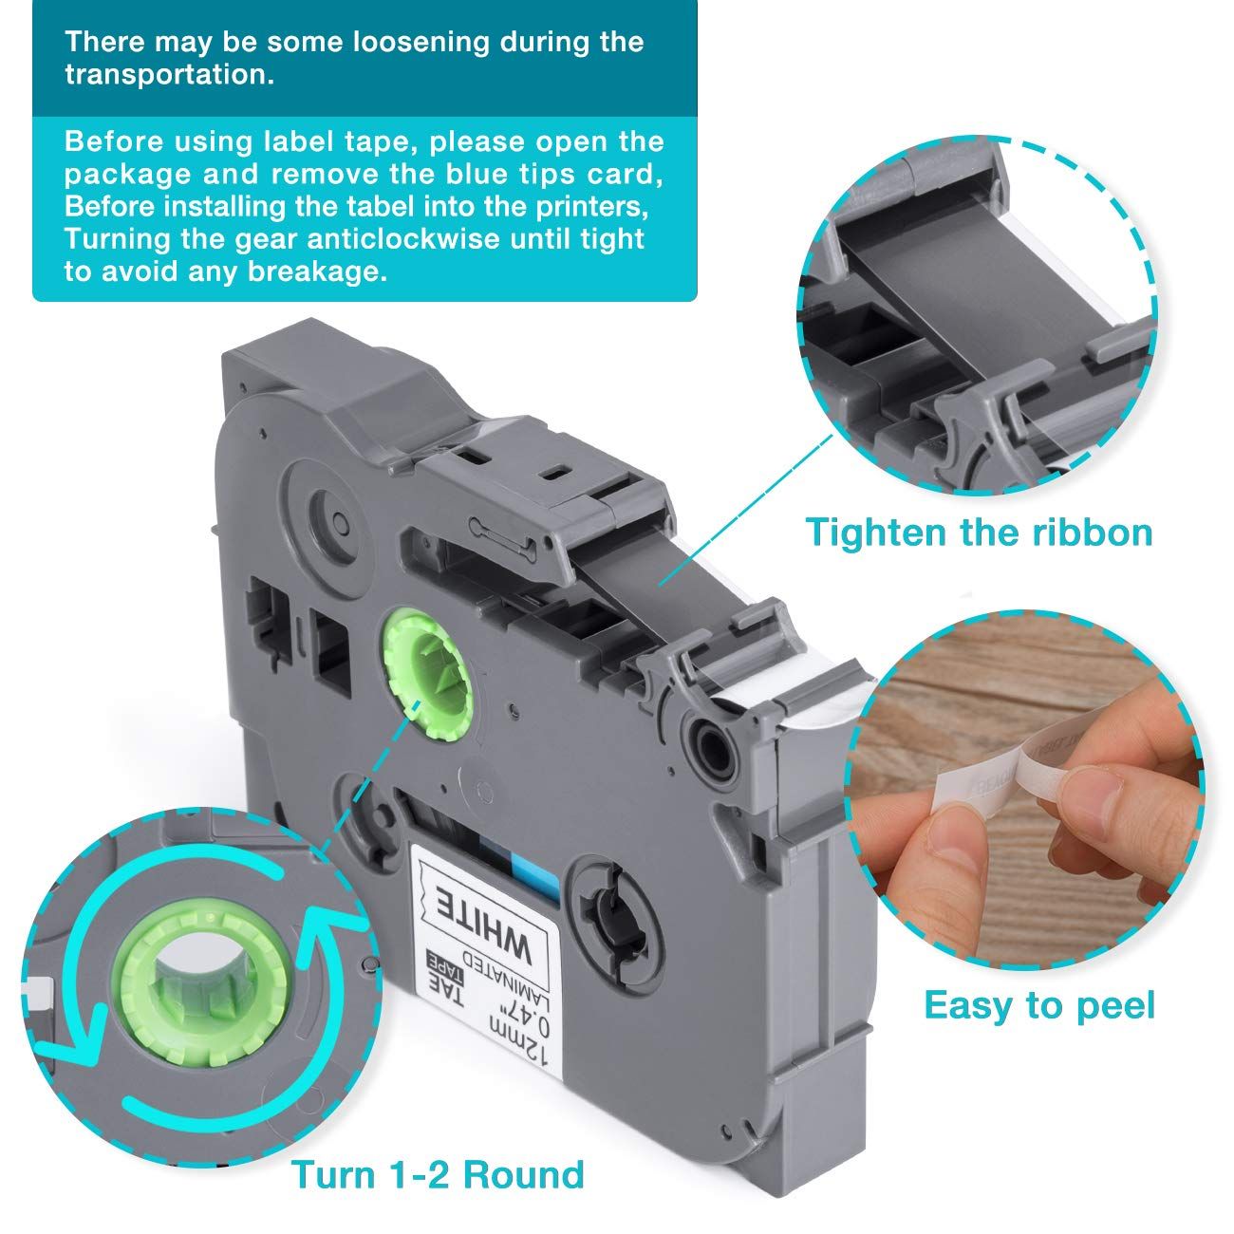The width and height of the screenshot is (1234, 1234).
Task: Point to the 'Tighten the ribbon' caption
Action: point(979,532)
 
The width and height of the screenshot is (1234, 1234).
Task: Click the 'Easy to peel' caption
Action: point(1039,1004)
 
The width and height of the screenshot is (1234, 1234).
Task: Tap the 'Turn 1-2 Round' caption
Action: point(437,1174)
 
